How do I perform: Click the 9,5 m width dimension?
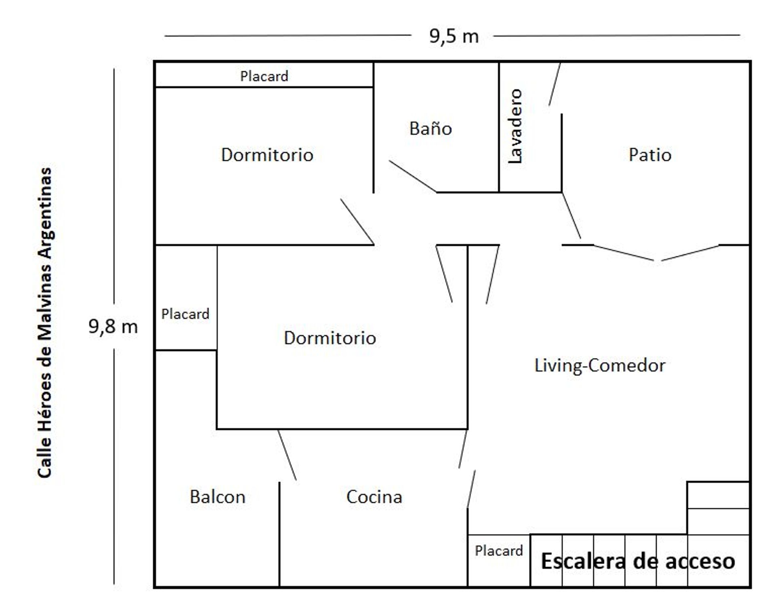(454, 36)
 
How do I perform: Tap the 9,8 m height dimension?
(113, 327)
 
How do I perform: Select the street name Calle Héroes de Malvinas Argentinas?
(45, 323)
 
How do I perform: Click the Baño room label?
(430, 129)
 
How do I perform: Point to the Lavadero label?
(515, 127)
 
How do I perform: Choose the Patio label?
(650, 155)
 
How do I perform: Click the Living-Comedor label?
(600, 366)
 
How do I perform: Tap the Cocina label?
(374, 497)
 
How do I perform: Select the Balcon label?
(217, 497)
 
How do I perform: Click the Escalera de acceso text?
(638, 561)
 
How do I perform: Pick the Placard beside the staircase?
(499, 550)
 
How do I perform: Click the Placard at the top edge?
(264, 76)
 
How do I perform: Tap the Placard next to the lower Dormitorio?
(185, 314)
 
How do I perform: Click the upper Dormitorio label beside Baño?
(267, 155)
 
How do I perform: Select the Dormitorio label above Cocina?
(330, 338)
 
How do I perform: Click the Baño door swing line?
(413, 176)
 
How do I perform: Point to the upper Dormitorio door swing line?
(357, 222)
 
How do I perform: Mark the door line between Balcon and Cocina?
(287, 455)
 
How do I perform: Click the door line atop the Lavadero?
(555, 84)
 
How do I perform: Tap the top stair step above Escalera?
(719, 495)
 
